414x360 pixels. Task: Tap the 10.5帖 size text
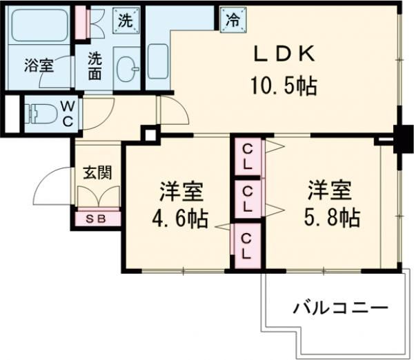coord(284,86)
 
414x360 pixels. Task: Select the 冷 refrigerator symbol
coord(230,20)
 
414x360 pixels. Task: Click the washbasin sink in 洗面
coord(127,68)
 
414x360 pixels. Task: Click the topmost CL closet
coord(247,157)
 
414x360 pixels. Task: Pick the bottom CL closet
coord(247,245)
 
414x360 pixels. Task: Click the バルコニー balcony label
coord(338,307)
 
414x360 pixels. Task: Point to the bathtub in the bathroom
coord(38,28)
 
